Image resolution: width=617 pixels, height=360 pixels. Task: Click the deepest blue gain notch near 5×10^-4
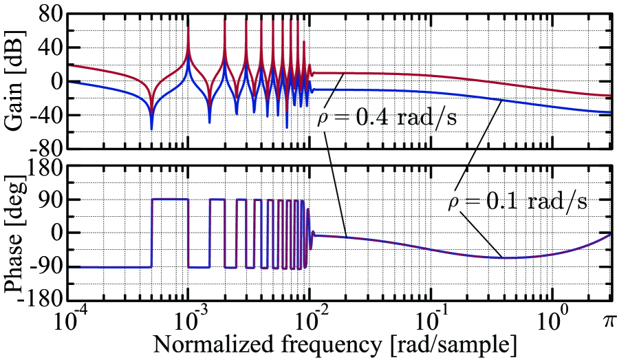(151, 128)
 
